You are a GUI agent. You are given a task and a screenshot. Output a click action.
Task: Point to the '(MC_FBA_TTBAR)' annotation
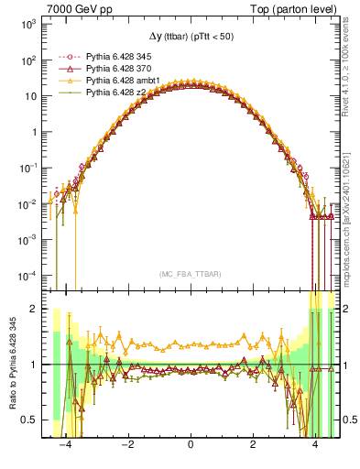coord(190,275)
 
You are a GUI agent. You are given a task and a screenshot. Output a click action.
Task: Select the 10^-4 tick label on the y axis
coord(27,275)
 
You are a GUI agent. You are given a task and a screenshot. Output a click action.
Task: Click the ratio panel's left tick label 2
coord(35,310)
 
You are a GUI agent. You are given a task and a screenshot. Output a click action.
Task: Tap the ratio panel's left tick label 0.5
coord(30,420)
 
